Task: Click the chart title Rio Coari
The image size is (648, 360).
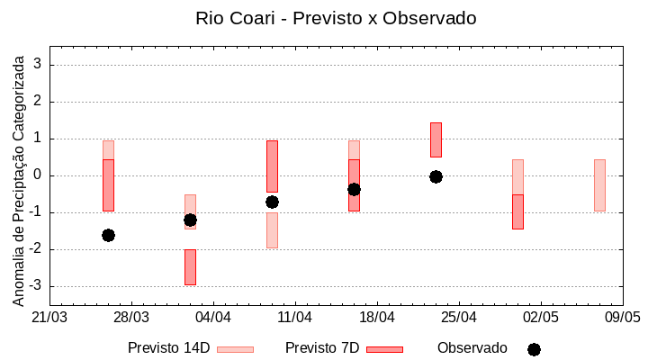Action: click(336, 18)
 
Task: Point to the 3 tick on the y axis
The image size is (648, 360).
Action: click(39, 65)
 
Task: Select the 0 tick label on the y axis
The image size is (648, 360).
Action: click(39, 175)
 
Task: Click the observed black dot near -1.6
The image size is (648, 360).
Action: click(108, 235)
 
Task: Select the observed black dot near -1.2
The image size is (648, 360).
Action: click(190, 220)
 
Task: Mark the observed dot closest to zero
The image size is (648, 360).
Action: click(436, 176)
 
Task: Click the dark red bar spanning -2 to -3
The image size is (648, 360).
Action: click(190, 266)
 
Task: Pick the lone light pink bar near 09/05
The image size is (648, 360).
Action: click(599, 184)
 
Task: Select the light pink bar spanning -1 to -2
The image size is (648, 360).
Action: click(272, 229)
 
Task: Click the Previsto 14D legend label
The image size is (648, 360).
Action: click(168, 348)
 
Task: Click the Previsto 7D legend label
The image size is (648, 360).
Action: click(321, 348)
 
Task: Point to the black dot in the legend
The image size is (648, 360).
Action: click(534, 349)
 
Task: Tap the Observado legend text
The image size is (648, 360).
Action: click(472, 348)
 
